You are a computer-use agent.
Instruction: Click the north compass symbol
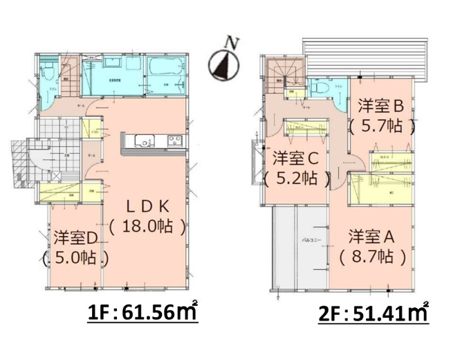[223, 65]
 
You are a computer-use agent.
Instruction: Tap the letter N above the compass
[233, 42]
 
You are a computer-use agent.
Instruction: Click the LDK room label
[147, 206]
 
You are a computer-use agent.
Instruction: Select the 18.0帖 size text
[147, 226]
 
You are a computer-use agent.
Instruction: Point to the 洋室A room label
[372, 235]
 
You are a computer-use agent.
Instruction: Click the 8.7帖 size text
[372, 255]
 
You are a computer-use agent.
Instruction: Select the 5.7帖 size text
[381, 126]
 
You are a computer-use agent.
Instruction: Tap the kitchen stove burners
[173, 143]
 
